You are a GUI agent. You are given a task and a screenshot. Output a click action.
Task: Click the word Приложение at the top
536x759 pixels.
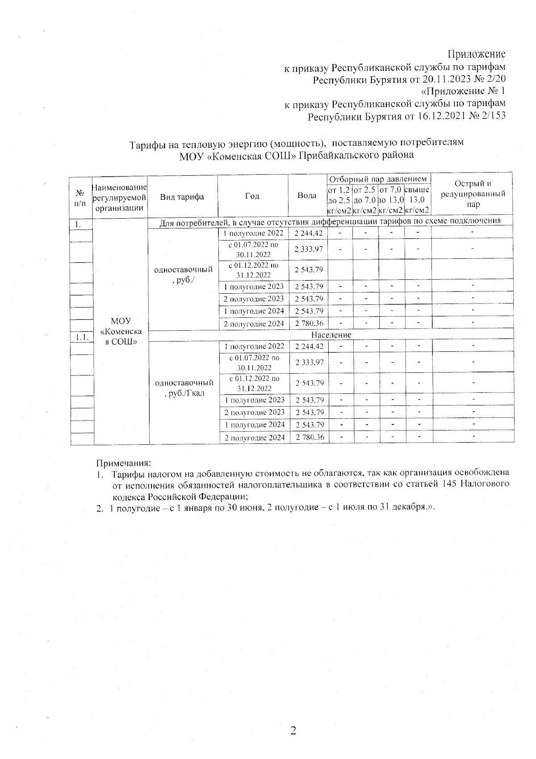click(477, 54)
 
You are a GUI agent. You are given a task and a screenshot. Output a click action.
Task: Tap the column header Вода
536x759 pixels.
click(307, 196)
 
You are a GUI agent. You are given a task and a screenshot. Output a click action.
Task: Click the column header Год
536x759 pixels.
click(252, 196)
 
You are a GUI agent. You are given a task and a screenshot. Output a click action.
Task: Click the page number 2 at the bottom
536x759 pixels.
click(293, 731)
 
